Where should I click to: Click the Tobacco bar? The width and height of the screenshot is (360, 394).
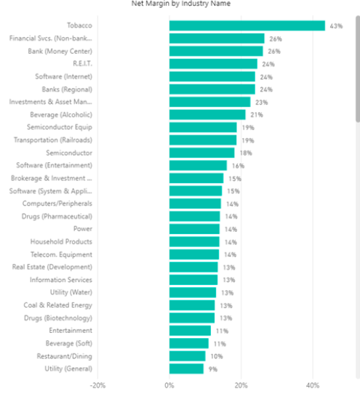247,25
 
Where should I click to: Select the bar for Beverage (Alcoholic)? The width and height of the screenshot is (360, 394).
207,115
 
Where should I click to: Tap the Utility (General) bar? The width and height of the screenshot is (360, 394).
186,369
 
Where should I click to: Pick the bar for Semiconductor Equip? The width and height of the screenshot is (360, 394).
203,127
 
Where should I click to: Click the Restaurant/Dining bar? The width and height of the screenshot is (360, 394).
188,356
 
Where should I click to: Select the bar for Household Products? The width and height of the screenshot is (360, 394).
194,241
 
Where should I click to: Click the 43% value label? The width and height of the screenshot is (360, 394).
336,26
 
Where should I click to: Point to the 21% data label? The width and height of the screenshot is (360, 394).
256,115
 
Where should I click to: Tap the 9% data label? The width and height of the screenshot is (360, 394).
212,369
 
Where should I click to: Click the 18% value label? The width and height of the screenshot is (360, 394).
245,153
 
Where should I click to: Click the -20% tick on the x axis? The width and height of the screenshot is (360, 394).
97,385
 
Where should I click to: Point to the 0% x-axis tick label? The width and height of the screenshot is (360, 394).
169,385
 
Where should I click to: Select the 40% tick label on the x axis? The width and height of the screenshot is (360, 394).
313,385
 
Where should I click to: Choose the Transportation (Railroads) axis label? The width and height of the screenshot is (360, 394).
53,140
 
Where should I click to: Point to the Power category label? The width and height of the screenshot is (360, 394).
83,229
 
